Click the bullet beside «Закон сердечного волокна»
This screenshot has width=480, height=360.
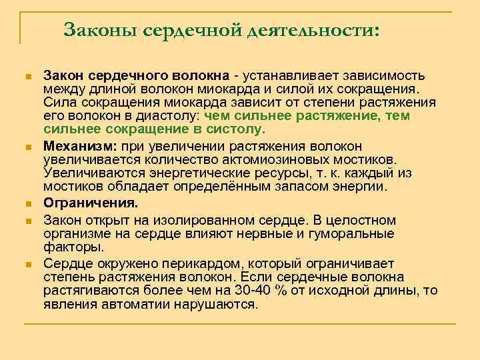tap(27, 77)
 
